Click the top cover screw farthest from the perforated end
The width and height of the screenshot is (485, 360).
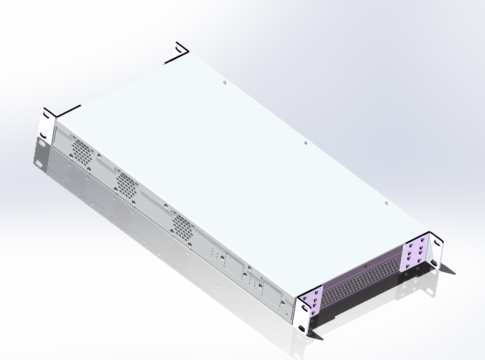224,82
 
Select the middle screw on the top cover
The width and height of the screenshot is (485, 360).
305,143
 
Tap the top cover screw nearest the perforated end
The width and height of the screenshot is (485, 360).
386,203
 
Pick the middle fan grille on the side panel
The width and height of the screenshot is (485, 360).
126,184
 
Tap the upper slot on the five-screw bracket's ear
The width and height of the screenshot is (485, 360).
304,307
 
